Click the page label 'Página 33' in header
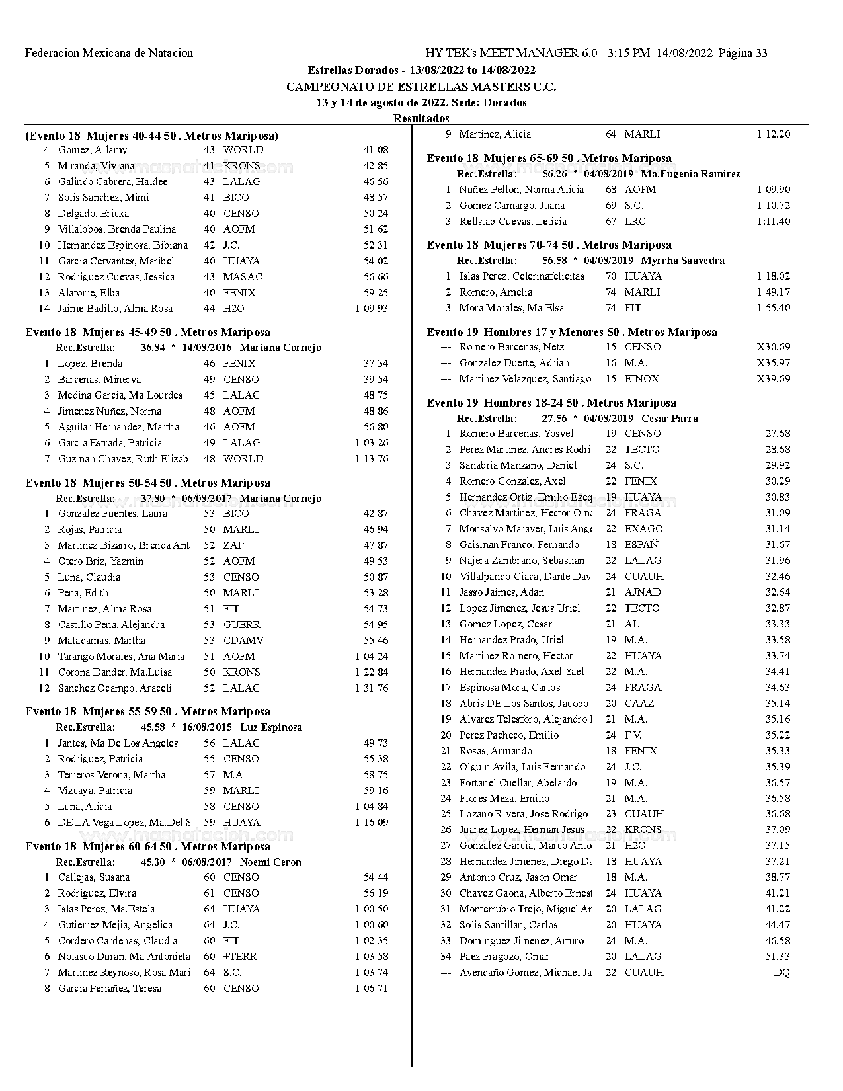point(743,53)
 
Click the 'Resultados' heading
point(421,118)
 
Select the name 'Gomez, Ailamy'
point(93,150)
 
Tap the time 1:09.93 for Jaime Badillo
point(372,309)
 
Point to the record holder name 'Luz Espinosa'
point(271,727)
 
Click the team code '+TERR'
point(240,957)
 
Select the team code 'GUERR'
point(241,625)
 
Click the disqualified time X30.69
point(773,347)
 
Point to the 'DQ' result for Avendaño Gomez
point(782,973)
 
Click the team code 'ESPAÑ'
point(641,545)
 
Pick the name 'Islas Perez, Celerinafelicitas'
point(522,276)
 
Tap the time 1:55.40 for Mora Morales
point(773,308)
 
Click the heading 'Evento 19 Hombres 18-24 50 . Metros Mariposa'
point(551,403)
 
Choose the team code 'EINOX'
point(641,379)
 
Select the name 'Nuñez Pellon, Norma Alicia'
point(522,190)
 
